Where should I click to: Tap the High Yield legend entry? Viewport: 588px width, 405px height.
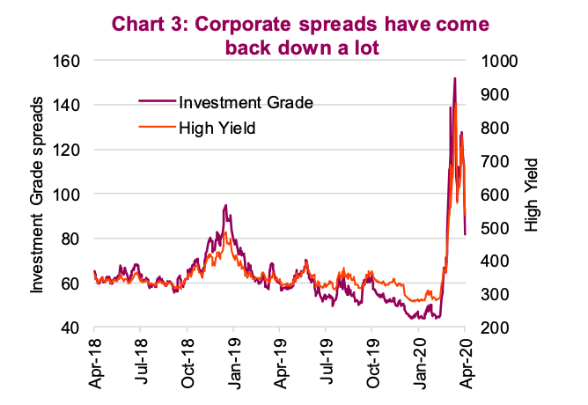pyautogui.click(x=216, y=129)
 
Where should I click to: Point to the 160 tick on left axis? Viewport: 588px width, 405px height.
pyautogui.click(x=70, y=61)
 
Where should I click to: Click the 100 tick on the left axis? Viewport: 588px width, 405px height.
pyautogui.click(x=70, y=194)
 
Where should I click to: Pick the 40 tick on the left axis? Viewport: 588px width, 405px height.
pyautogui.click(x=73, y=328)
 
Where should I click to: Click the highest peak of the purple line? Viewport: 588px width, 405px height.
pyautogui.click(x=454, y=78)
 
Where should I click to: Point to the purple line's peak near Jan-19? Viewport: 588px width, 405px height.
pyautogui.click(x=226, y=205)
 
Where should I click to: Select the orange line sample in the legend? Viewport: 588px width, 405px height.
pyautogui.click(x=157, y=129)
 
